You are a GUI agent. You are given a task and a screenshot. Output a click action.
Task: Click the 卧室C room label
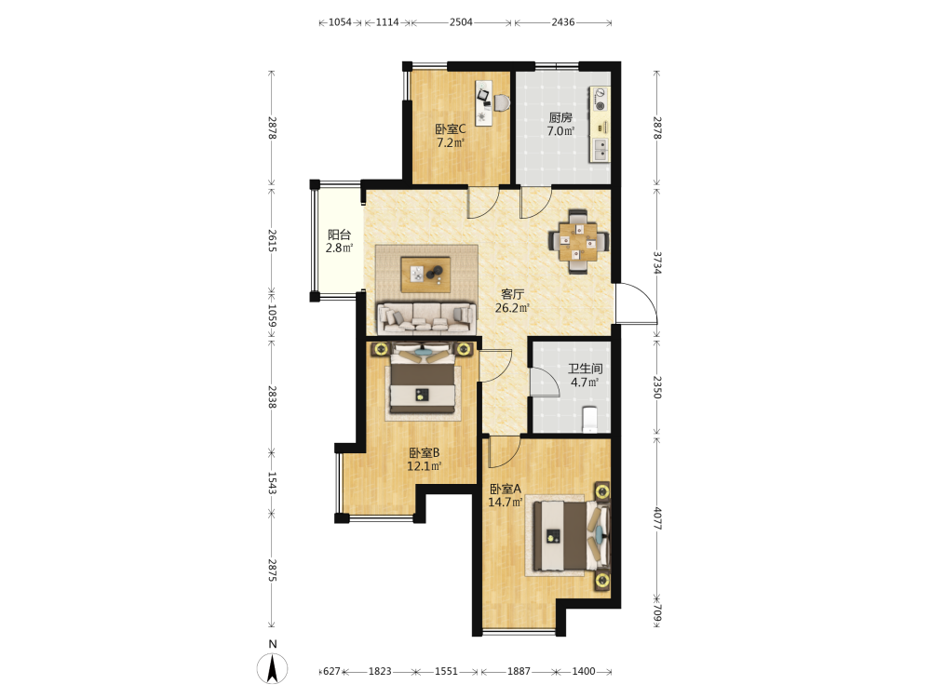pyautogui.click(x=450, y=128)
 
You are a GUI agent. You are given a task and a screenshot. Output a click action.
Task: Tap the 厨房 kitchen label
pyautogui.click(x=560, y=117)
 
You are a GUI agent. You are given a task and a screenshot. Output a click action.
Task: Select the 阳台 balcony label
pyautogui.click(x=339, y=235)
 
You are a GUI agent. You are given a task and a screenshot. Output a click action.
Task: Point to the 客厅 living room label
pyautogui.click(x=512, y=294)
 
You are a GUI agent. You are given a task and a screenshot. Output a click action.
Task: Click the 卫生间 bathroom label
pyautogui.click(x=585, y=368)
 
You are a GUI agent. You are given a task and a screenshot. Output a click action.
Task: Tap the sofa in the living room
pyautogui.click(x=426, y=318)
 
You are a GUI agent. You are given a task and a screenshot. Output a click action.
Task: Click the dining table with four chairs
pyautogui.click(x=578, y=241)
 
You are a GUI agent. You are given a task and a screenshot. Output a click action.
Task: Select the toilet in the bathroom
pyautogui.click(x=590, y=419)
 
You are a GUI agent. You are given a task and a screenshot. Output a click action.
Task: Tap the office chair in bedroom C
pyautogui.click(x=502, y=102)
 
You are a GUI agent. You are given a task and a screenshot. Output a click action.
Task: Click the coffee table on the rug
pyautogui.click(x=425, y=275)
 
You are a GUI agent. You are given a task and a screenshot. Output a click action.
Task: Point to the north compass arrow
pyautogui.click(x=273, y=669)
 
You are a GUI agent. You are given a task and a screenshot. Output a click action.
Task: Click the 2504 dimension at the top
pyautogui.click(x=461, y=22)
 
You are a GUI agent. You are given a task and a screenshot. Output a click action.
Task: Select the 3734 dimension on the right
pyautogui.click(x=657, y=263)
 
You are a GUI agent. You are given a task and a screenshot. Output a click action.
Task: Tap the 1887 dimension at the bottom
pyautogui.click(x=519, y=671)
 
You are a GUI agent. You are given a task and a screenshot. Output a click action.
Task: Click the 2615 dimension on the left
pyautogui.click(x=272, y=240)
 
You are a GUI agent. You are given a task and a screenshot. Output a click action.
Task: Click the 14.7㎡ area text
pyautogui.click(x=506, y=503)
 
